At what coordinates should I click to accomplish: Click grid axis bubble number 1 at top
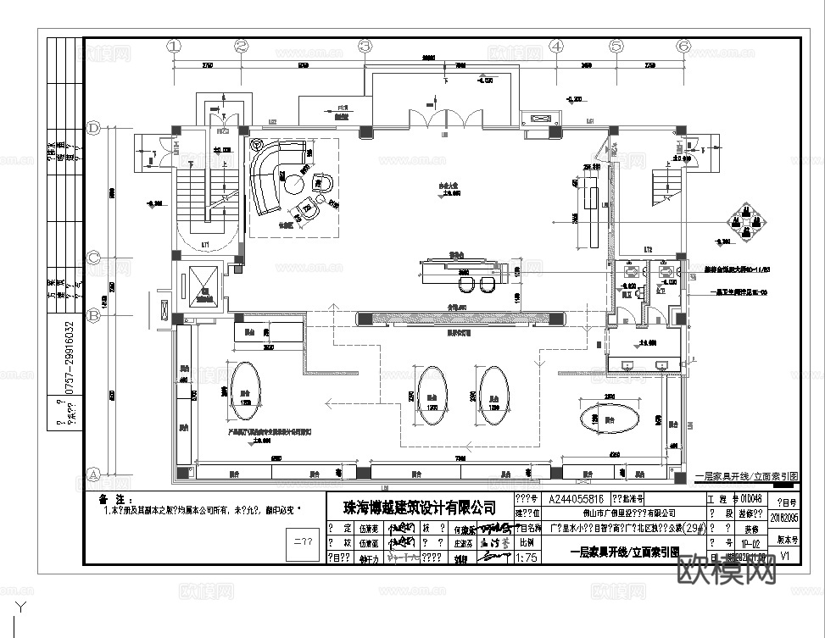(x=176, y=47)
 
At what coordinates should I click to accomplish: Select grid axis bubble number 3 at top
(x=365, y=47)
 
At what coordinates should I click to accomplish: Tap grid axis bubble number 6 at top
(x=683, y=47)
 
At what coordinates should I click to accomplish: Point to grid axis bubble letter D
(x=94, y=128)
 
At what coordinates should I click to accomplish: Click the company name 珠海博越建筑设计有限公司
(x=419, y=507)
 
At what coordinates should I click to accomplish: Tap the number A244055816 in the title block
(x=577, y=499)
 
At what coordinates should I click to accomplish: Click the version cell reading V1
(x=784, y=557)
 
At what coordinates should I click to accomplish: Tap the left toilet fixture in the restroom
(x=633, y=271)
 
